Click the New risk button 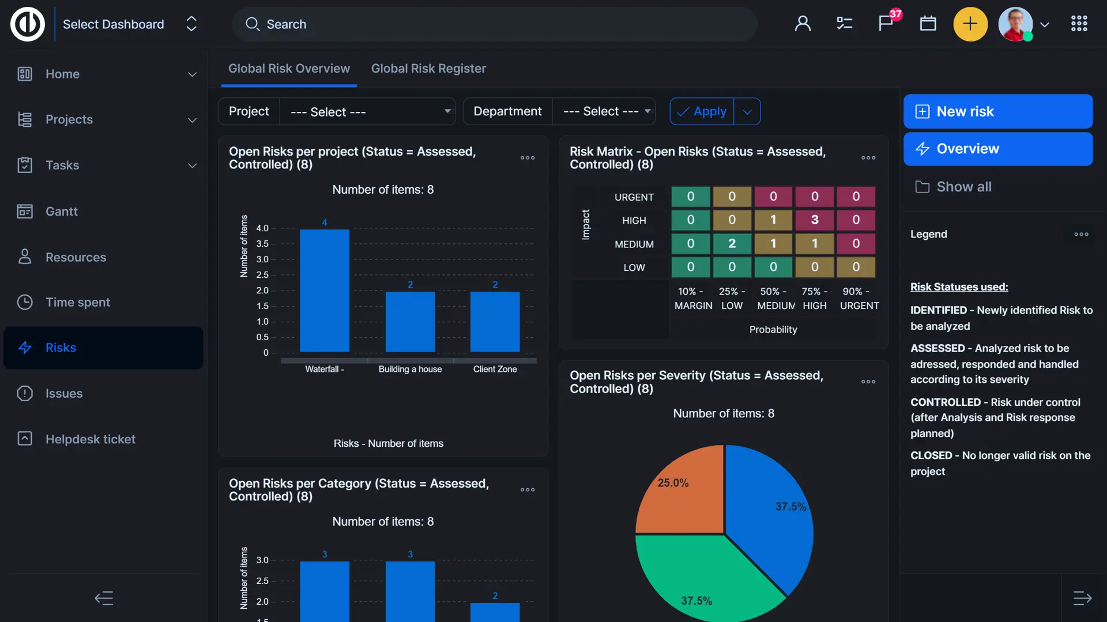997,111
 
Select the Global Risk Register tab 428,69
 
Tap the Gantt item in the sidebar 61,212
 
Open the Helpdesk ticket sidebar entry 90,439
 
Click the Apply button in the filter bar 702,111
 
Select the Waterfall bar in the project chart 325,291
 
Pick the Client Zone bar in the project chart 495,322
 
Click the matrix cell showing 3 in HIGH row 815,220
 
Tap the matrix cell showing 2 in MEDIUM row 732,243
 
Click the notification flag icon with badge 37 886,24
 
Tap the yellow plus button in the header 970,24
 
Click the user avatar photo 1015,24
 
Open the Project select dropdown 367,111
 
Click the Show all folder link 963,187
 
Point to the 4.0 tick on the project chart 262,228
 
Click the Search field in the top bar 495,24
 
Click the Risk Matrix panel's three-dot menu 868,158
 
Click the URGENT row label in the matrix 634,197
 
